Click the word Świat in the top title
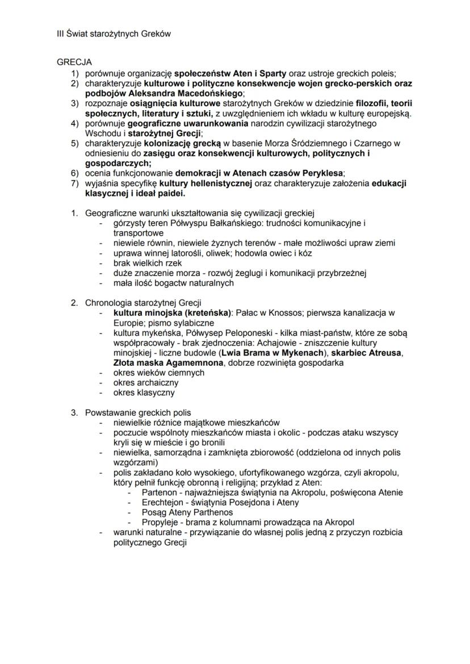[x=77, y=34]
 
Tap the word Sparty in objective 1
[x=272, y=73]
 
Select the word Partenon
[x=161, y=492]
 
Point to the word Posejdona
[x=258, y=502]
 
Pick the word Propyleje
[x=162, y=522]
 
